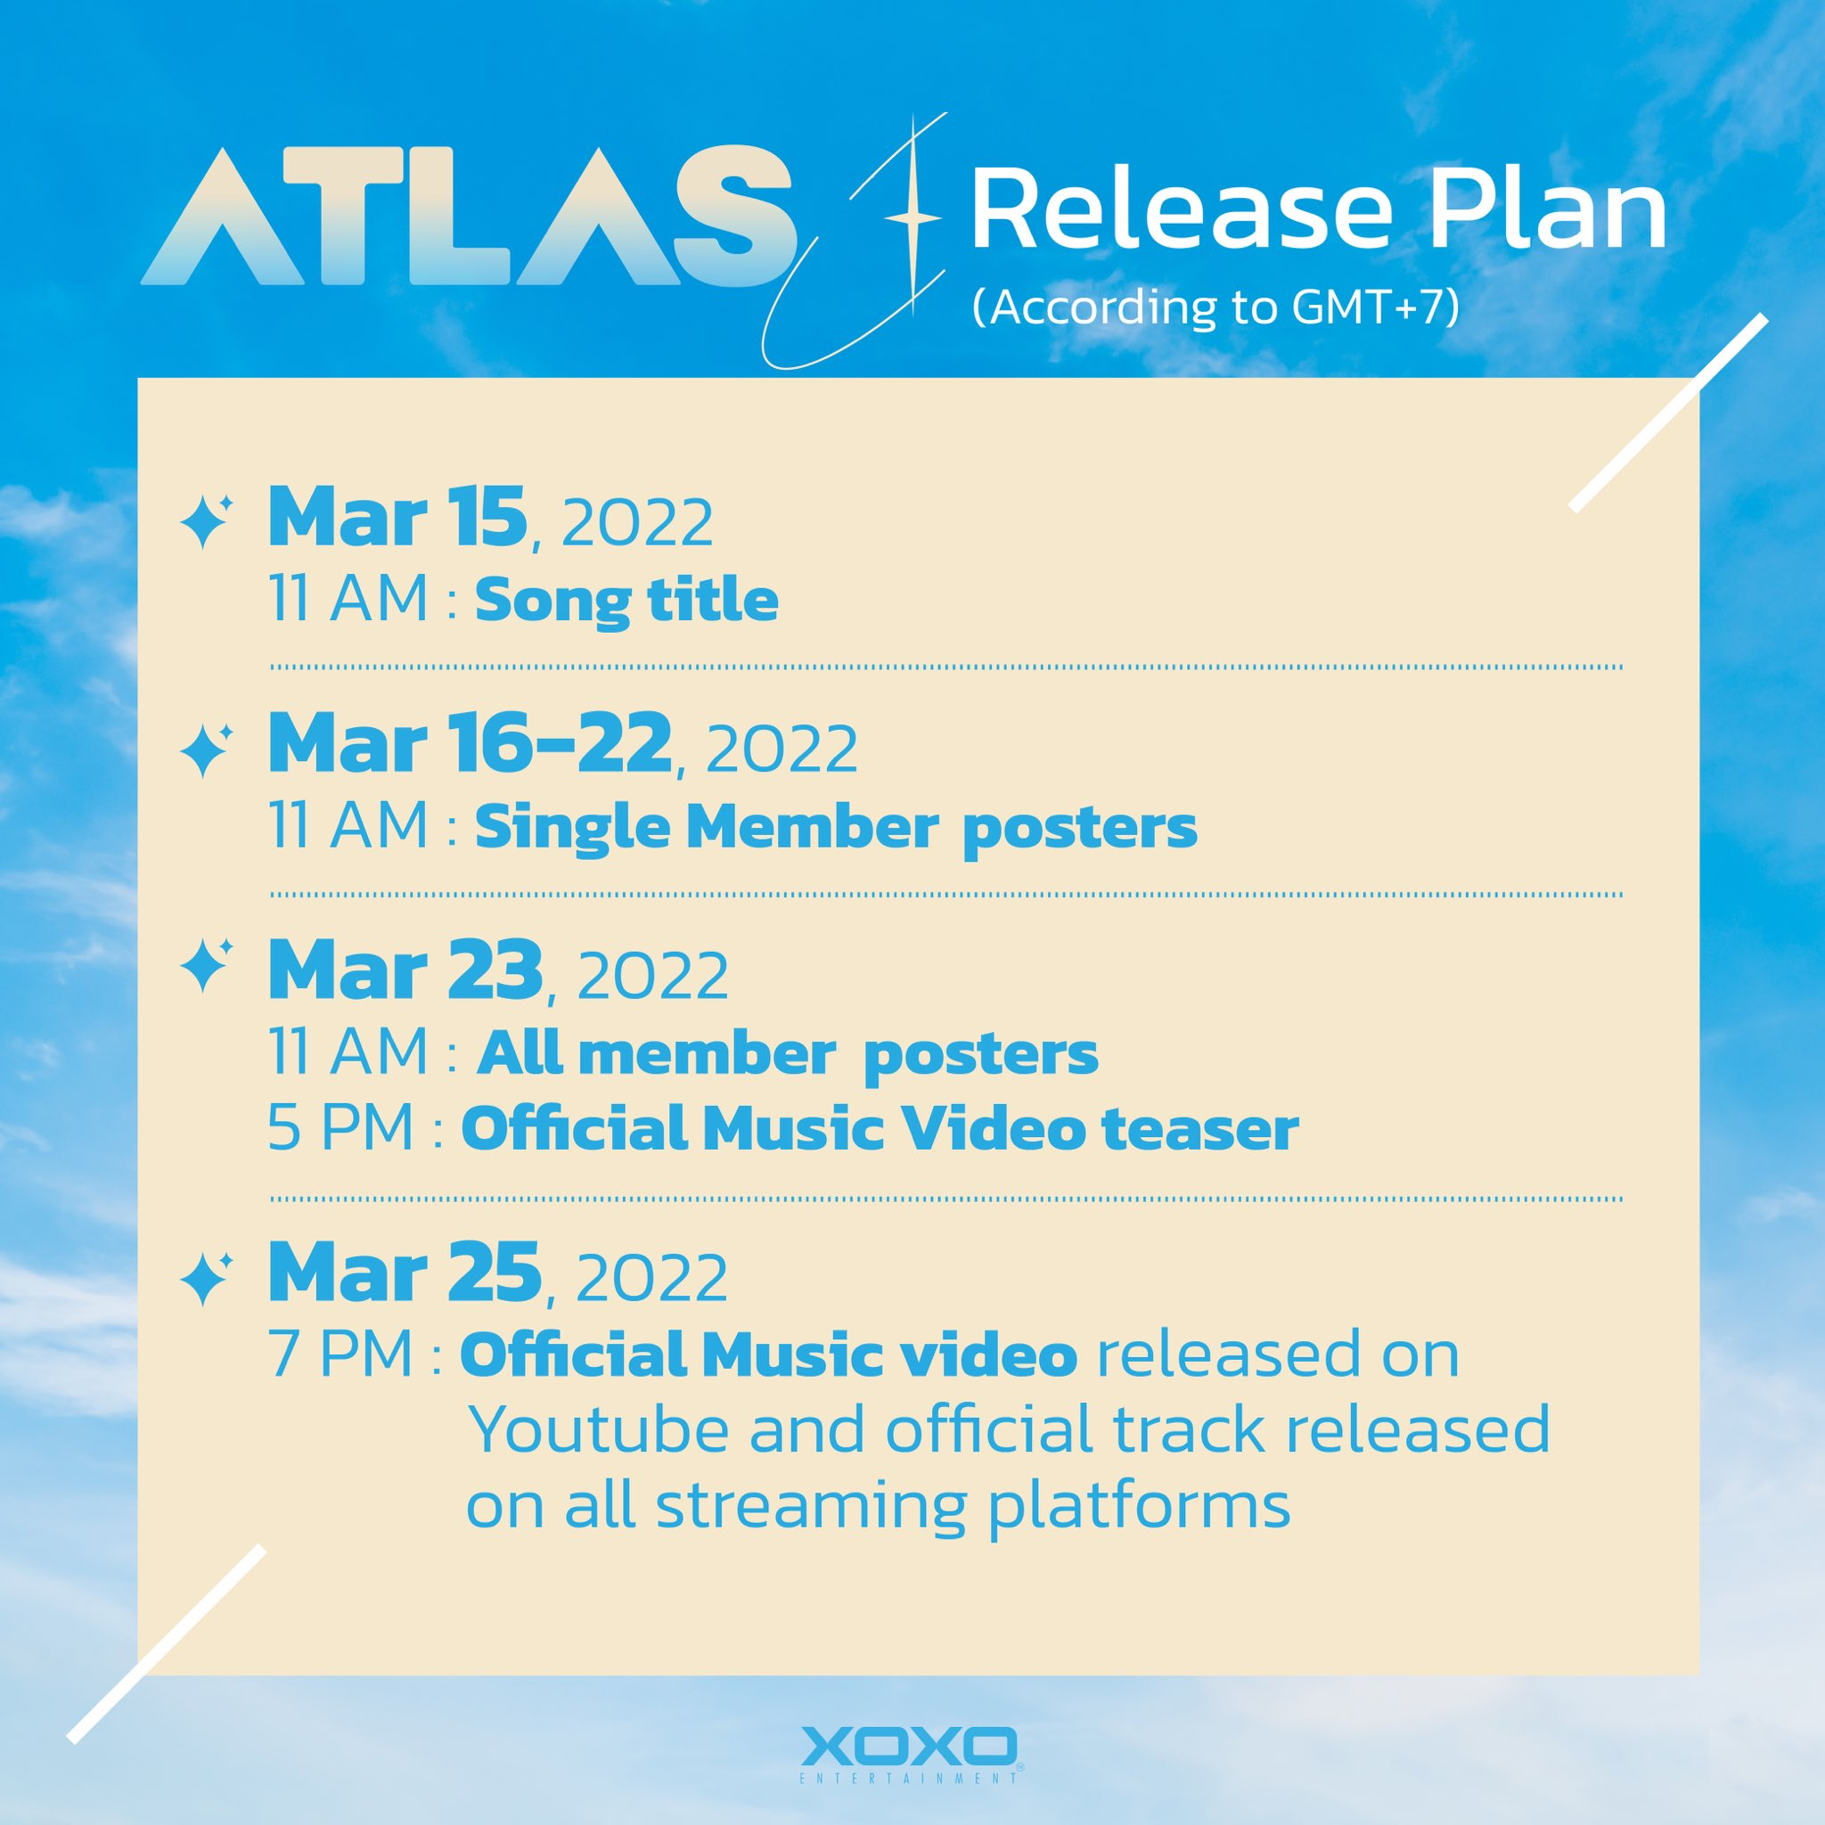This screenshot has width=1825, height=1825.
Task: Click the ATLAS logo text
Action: coord(466,217)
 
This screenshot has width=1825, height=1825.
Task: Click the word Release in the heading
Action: coord(1182,209)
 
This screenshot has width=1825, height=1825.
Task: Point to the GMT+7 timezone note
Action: coord(1216,307)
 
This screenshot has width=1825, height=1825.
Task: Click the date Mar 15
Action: coord(397,517)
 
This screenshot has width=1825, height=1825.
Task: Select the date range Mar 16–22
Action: coord(470,743)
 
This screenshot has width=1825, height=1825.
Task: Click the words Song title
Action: coord(626,602)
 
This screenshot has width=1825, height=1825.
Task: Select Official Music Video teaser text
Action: coord(880,1130)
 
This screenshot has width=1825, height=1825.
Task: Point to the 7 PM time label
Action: coord(341,1354)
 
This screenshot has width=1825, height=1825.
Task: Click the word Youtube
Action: coord(599,1430)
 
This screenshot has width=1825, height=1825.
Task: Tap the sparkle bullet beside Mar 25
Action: coord(205,1279)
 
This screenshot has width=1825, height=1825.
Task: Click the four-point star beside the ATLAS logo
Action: coord(912,218)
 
